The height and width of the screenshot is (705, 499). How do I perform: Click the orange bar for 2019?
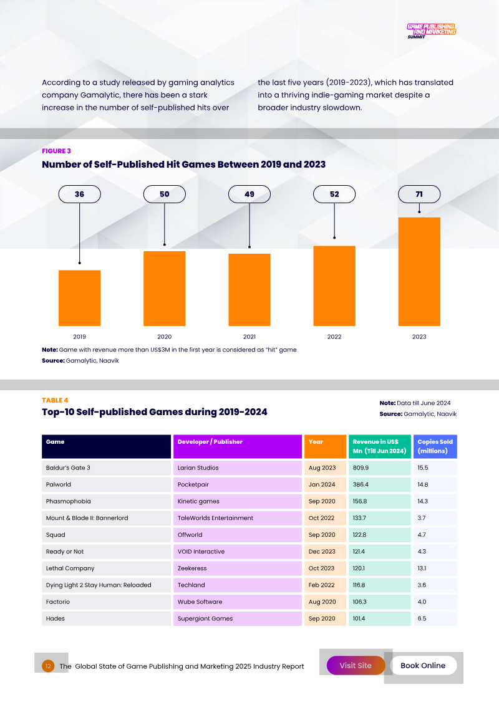79,297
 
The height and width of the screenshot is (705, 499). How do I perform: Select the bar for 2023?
419,271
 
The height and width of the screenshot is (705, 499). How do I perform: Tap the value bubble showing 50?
165,194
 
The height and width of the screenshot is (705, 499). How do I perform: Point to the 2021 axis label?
249,337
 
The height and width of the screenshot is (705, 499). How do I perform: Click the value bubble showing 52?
334,194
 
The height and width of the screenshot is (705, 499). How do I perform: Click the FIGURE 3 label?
56,151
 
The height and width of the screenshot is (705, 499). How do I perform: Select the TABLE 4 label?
55,400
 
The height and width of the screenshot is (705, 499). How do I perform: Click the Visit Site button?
356,666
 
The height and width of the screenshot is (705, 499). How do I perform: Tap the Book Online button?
423,666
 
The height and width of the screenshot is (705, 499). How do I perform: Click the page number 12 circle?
48,666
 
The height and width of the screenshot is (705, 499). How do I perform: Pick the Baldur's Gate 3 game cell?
106,468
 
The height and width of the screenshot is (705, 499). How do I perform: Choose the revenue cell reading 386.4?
379,484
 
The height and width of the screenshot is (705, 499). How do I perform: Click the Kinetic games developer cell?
238,501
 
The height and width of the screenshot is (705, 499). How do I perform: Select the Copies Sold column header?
435,446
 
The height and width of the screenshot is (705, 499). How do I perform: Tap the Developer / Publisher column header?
238,446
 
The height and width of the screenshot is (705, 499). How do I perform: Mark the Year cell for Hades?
325,619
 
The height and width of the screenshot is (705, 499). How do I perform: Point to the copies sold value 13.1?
435,568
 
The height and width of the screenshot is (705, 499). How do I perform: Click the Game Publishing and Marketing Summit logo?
431,31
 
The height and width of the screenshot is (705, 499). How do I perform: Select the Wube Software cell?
238,602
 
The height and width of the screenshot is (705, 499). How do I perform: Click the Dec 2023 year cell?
325,552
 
